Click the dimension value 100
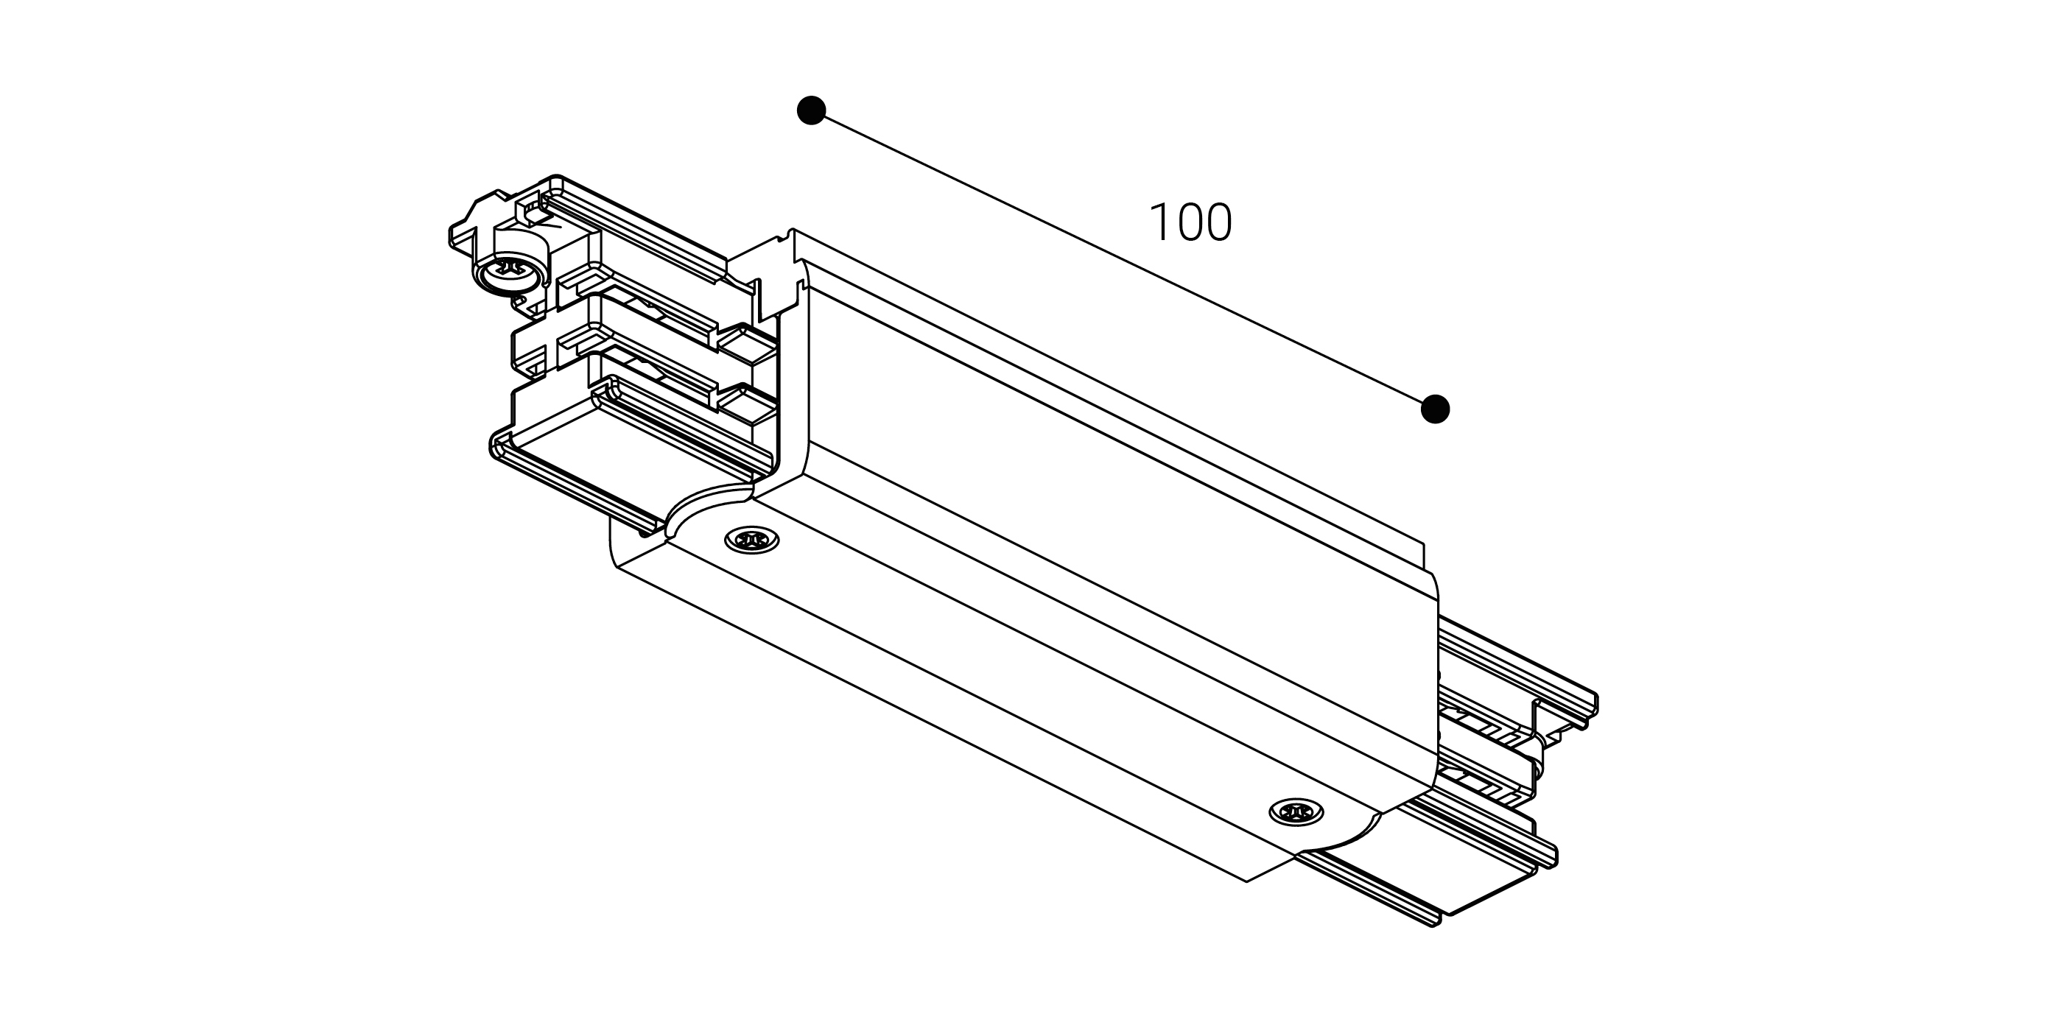[x=1190, y=222]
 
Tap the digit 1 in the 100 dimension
[x=1158, y=222]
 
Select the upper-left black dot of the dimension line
[x=811, y=110]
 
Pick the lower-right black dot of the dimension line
[x=1435, y=409]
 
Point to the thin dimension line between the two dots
[x=1123, y=260]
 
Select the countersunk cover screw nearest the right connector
[x=1297, y=812]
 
